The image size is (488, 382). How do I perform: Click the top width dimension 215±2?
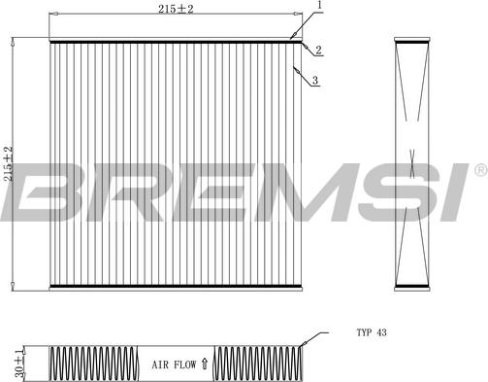pyautogui.click(x=174, y=9)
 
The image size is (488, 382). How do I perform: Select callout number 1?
pyautogui.click(x=318, y=7)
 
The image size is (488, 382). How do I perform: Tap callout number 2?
pyautogui.click(x=317, y=50)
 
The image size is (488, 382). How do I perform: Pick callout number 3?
pyautogui.click(x=315, y=82)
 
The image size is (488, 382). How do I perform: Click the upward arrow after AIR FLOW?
pyautogui.click(x=204, y=365)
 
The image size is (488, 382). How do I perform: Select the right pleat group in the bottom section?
pyautogui.click(x=256, y=365)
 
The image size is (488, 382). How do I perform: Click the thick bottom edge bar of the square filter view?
pyautogui.click(x=175, y=286)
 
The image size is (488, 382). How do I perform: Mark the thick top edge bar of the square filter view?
pyautogui.click(x=175, y=41)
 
